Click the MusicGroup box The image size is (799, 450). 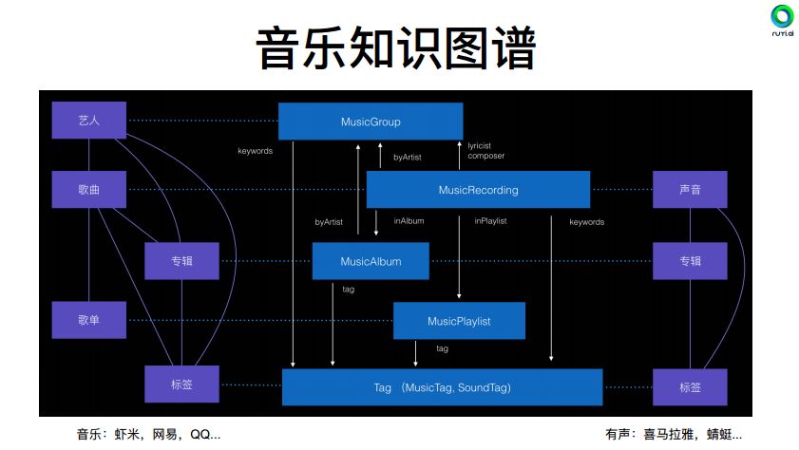pos(371,122)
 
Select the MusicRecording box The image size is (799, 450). pos(478,190)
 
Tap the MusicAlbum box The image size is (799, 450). pos(371,261)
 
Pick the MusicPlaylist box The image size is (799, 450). pos(459,321)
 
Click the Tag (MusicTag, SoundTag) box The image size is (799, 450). pos(443,388)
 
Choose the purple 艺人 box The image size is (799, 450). pos(89,121)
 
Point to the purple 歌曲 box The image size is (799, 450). pos(89,190)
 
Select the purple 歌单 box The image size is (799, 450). pos(89,320)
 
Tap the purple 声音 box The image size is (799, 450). pos(690,190)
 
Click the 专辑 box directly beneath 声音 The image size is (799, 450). pos(690,261)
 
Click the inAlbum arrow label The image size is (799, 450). pos(409,221)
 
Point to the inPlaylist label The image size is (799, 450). pos(490,221)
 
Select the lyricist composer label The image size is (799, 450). pos(485,151)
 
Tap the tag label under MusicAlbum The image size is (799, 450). pos(348,289)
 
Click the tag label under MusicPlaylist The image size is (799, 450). pos(442,348)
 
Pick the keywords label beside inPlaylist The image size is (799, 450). pos(586,222)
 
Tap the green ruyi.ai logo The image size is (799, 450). pos(782,18)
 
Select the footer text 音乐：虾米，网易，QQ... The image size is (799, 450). pos(149,435)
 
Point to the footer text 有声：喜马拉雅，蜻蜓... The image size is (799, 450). pos(674,435)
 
